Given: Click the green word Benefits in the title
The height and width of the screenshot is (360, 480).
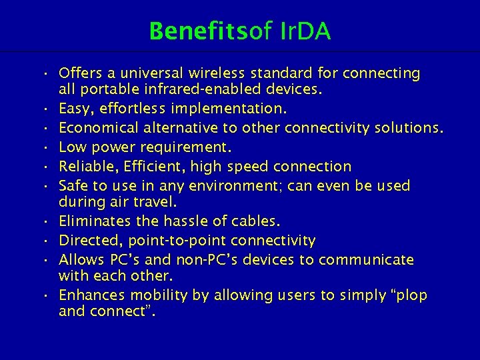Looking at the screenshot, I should coord(198,31).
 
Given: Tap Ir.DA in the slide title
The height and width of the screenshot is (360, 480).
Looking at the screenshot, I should coord(303,31).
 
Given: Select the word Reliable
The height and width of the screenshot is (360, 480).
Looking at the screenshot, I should coord(86,166).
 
